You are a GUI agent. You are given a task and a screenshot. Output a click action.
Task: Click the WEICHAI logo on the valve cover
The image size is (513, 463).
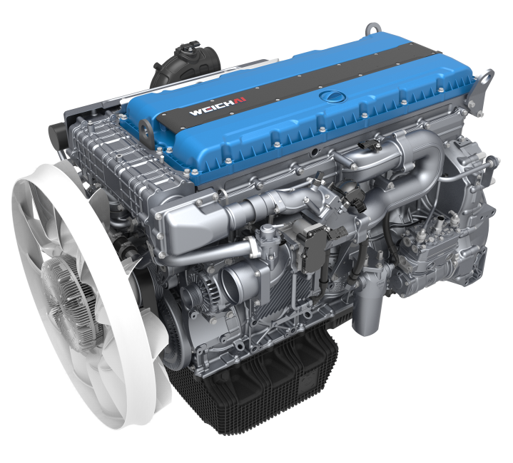[218, 106]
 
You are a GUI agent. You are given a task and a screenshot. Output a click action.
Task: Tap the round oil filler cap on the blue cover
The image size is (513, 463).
[330, 95]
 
